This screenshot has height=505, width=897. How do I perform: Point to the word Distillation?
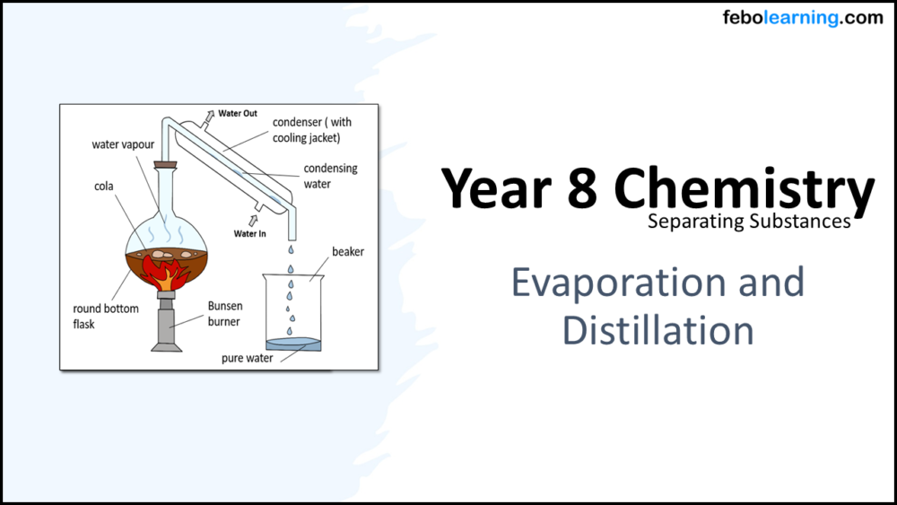click(x=658, y=329)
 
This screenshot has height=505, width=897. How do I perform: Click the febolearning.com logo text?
click(x=802, y=18)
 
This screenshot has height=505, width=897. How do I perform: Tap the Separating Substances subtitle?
click(x=749, y=221)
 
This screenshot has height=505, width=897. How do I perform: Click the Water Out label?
click(x=238, y=114)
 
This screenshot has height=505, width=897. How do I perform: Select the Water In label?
click(x=251, y=234)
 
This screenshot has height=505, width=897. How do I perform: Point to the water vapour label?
click(x=124, y=144)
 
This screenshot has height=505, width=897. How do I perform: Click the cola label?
click(x=104, y=187)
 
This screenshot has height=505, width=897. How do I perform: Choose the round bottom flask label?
click(x=106, y=316)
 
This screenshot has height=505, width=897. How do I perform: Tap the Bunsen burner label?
click(x=224, y=313)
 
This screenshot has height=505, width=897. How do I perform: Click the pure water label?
click(x=248, y=358)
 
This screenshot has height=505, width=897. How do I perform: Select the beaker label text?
click(x=348, y=252)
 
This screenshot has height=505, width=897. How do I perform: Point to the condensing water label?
click(x=330, y=176)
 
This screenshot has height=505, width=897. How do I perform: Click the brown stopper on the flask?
click(x=165, y=164)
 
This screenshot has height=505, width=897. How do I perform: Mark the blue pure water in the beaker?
click(x=293, y=344)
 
